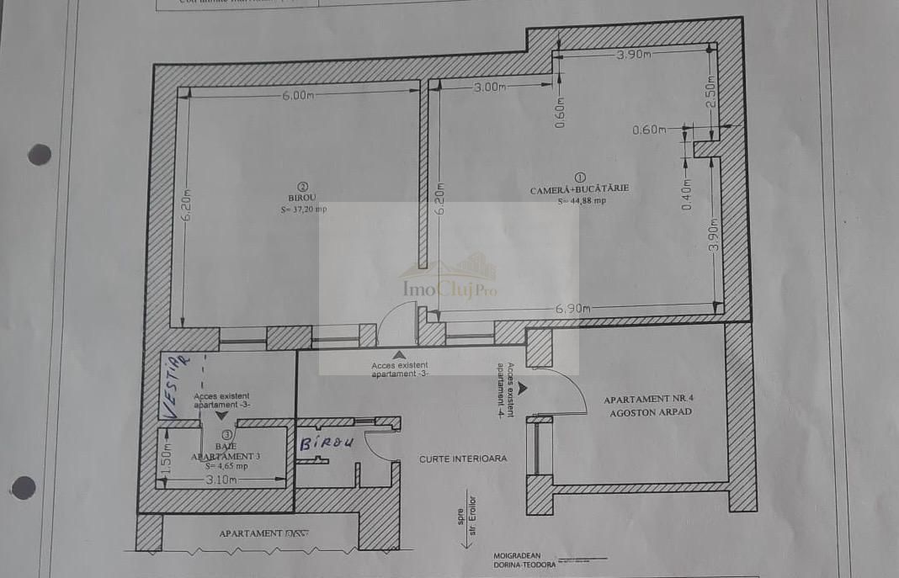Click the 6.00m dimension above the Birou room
pyautogui.click(x=298, y=95)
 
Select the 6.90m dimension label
pyautogui.click(x=572, y=309)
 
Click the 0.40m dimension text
pyautogui.click(x=686, y=195)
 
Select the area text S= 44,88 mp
pyautogui.click(x=581, y=201)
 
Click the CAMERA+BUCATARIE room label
pyautogui.click(x=579, y=190)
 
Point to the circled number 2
pyautogui.click(x=303, y=187)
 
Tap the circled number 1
pyautogui.click(x=579, y=178)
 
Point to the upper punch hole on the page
pyautogui.click(x=39, y=155)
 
